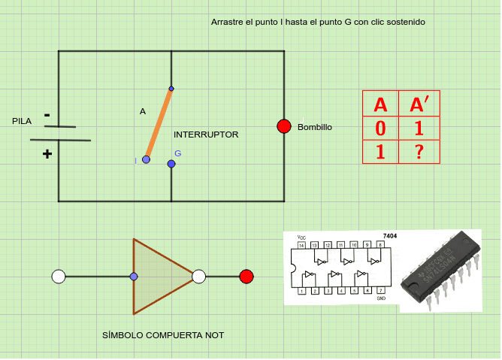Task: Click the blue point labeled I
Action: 147,159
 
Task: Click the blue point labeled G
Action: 171,164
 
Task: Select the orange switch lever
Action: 159,125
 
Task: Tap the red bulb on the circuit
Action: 284,126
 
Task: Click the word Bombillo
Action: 315,127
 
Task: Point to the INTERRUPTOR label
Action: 206,135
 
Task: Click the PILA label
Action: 23,121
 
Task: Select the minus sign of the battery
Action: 47,115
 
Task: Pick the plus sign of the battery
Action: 47,153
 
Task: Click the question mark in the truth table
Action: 419,152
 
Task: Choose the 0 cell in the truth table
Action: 380,129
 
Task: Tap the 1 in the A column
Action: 380,152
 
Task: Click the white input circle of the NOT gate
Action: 59,277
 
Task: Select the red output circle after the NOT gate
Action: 246,277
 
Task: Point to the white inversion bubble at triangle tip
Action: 198,277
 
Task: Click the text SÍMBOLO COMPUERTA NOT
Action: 163,335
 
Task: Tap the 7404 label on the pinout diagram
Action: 389,236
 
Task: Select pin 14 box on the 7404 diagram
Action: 302,245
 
